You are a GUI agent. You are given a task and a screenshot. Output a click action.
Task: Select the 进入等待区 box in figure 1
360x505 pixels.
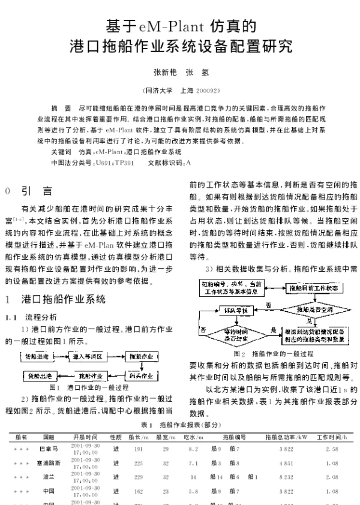[88, 356]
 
